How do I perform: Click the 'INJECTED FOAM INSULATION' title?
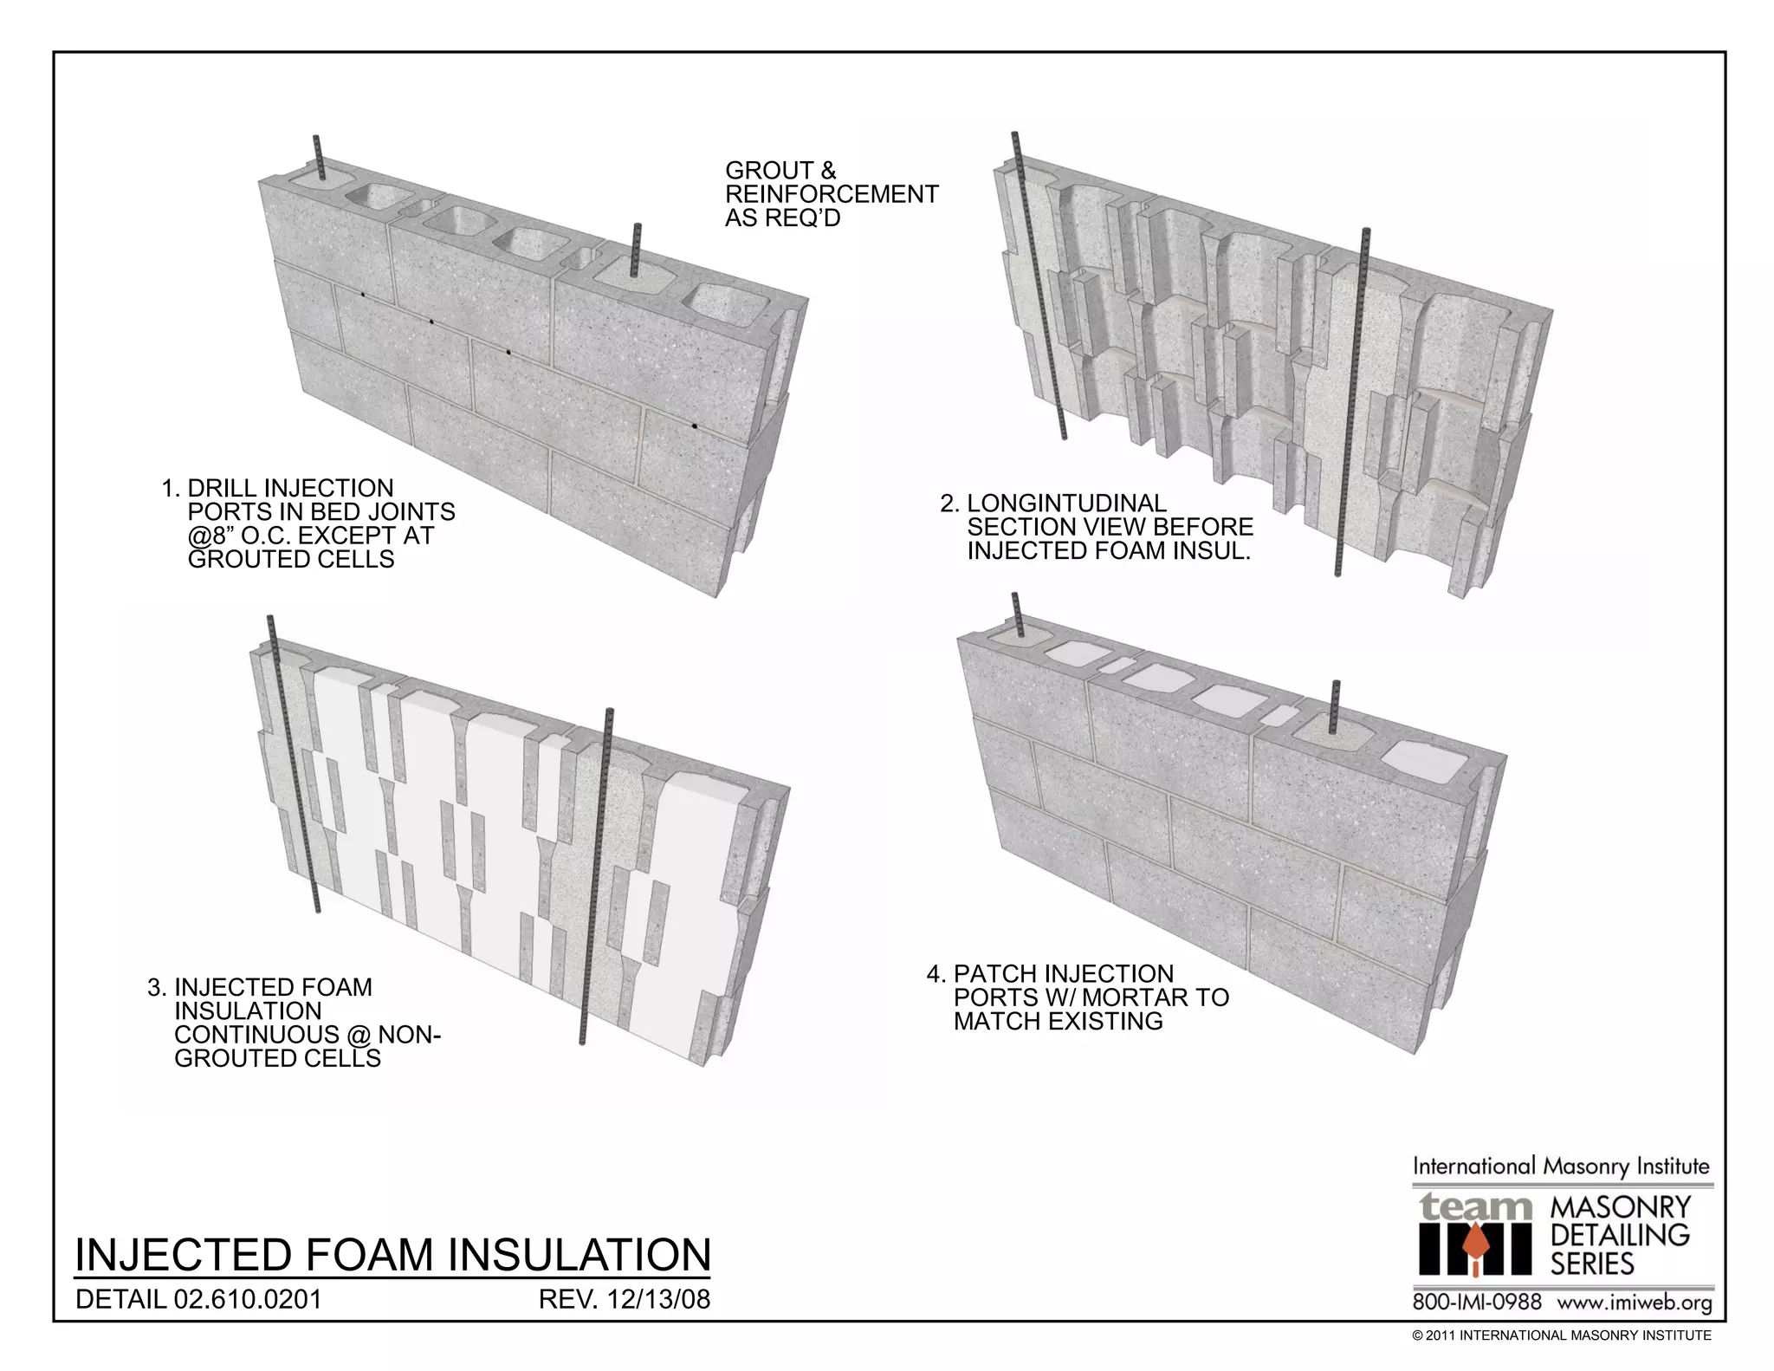(x=392, y=1255)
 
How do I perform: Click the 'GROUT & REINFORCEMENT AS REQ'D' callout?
(x=831, y=194)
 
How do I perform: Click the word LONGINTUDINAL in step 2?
(x=1066, y=504)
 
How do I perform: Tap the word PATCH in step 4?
(x=993, y=974)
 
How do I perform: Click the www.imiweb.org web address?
(x=1635, y=1303)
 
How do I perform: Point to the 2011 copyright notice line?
(x=1561, y=1335)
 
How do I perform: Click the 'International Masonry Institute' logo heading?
(x=1561, y=1166)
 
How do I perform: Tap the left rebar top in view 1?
(x=318, y=142)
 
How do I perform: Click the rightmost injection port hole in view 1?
(x=695, y=427)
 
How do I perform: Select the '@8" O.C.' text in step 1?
(x=236, y=536)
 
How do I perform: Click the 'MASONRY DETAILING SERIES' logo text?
(x=1620, y=1234)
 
